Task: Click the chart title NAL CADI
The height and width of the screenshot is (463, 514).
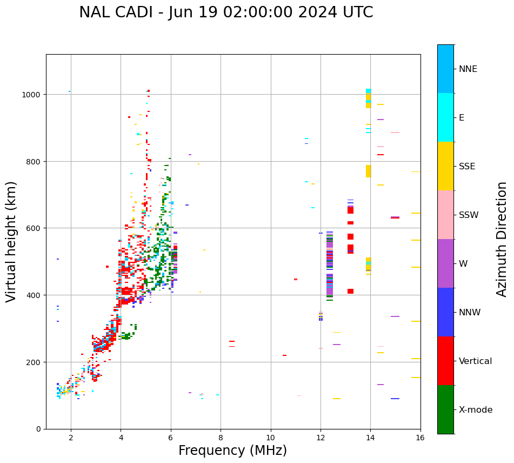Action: [226, 12]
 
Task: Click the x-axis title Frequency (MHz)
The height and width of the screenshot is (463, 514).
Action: [232, 451]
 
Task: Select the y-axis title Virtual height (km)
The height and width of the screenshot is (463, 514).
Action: [11, 241]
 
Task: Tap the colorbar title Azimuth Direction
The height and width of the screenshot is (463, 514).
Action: [502, 239]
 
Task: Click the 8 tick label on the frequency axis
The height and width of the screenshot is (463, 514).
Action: [221, 438]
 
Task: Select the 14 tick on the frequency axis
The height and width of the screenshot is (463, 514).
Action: [370, 438]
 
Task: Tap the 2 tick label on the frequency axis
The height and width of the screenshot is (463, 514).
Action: [71, 438]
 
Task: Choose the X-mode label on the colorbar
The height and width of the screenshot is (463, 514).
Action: [476, 410]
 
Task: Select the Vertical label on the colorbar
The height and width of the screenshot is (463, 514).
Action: [476, 361]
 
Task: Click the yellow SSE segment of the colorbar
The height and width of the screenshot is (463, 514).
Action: [445, 166]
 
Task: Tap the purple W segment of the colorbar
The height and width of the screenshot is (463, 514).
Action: [445, 263]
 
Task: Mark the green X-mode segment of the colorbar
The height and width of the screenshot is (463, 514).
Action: [445, 409]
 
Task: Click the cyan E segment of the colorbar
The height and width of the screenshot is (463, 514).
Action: [445, 117]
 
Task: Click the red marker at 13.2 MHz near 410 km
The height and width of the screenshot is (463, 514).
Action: [350, 292]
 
